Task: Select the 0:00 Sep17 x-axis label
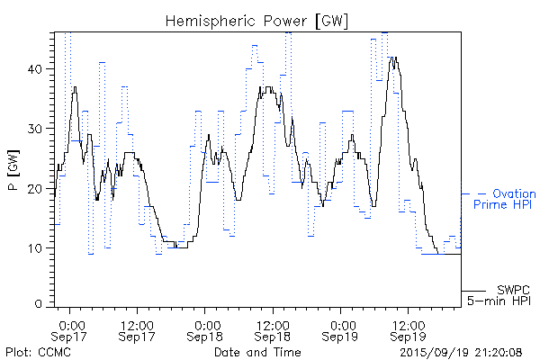(x=71, y=330)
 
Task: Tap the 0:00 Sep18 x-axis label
(x=206, y=330)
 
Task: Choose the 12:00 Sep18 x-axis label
(x=273, y=330)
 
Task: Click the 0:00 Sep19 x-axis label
(x=341, y=330)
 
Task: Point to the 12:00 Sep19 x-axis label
(x=408, y=330)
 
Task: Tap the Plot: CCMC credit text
(x=34, y=352)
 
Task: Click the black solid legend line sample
(x=474, y=290)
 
